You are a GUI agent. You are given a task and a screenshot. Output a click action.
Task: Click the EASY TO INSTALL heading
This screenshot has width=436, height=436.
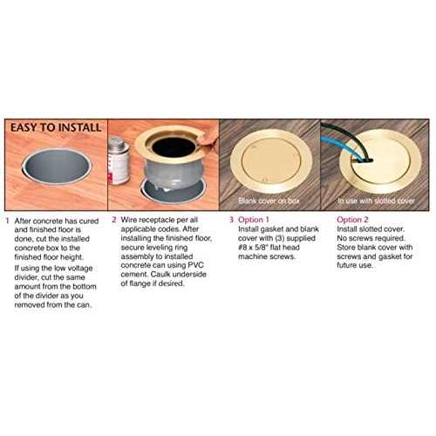[x=56, y=127]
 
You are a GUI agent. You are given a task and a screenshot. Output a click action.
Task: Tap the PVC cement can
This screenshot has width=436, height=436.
[x=119, y=160]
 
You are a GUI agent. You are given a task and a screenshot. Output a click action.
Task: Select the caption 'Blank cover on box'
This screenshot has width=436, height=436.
[x=269, y=201]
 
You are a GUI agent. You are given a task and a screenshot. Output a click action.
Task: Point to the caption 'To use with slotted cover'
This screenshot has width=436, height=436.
[x=376, y=201]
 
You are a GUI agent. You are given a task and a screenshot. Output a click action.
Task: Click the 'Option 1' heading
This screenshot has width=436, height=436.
[x=254, y=220]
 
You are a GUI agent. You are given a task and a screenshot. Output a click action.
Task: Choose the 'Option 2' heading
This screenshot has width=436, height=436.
[x=352, y=220]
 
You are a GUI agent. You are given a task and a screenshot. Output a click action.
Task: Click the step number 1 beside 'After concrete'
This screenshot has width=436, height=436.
[x=8, y=221]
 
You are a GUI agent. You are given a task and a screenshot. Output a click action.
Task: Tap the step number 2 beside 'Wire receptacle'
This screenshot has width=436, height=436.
[x=114, y=220]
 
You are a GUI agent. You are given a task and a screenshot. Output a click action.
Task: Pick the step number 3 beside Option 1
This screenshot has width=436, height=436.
[x=231, y=220]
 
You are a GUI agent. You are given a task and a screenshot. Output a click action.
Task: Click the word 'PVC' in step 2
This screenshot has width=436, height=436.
[x=196, y=265]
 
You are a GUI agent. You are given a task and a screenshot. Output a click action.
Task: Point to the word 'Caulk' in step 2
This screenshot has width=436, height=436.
[x=159, y=275]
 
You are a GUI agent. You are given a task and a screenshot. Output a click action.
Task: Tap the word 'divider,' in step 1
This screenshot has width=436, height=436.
[x=26, y=277]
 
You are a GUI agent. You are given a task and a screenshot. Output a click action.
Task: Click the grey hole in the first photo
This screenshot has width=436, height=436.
[x=57, y=167]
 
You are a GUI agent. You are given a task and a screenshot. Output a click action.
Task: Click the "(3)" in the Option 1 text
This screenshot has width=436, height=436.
[x=281, y=238]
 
